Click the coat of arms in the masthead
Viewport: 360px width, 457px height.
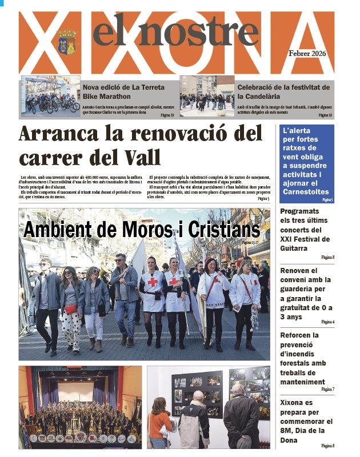coord(67,42)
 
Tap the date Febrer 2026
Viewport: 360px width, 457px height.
coord(306,54)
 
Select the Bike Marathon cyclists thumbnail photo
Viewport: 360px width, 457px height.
coord(50,97)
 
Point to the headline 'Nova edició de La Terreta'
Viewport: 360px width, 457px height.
coord(123,87)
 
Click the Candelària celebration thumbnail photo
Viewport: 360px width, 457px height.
coord(207,97)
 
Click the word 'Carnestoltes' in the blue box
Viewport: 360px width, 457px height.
coord(306,191)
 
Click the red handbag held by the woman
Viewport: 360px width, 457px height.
coord(71,308)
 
